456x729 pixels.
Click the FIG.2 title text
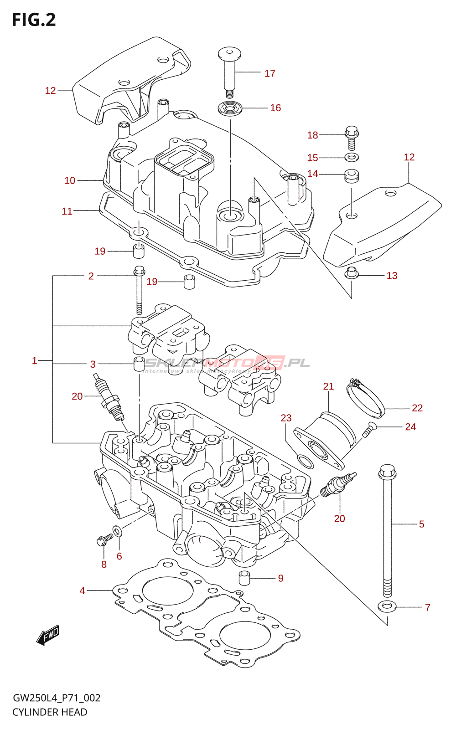[34, 20]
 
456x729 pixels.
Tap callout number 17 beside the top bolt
[270, 73]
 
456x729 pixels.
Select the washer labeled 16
[230, 109]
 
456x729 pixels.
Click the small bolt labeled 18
[351, 137]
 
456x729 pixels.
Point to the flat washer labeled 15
[351, 158]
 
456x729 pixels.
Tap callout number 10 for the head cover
[70, 180]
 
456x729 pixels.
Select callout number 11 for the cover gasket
[67, 211]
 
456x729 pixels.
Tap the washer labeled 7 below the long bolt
[387, 607]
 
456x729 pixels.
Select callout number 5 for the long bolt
[421, 524]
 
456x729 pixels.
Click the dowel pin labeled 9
[245, 578]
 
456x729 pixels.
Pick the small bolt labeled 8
[104, 540]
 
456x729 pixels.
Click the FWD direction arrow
[48, 634]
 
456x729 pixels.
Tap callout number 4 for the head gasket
[82, 591]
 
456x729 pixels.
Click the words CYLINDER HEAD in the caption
[50, 712]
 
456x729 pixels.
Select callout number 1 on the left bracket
[34, 361]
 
